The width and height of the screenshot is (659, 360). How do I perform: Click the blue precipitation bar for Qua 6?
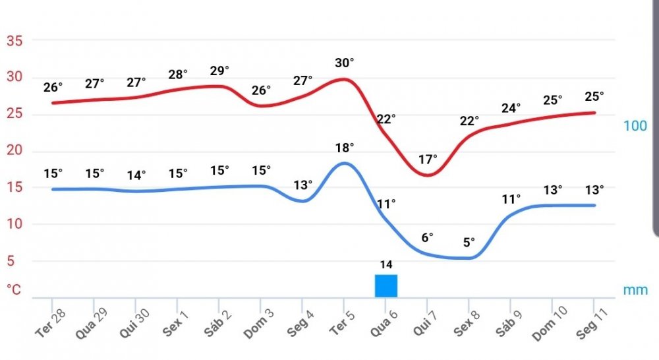click(386, 285)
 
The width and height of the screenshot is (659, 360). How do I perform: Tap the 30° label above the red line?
click(344, 63)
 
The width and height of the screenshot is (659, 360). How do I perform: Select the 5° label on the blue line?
click(469, 242)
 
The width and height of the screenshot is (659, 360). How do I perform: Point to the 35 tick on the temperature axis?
click(14, 40)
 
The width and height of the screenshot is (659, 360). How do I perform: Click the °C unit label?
click(13, 289)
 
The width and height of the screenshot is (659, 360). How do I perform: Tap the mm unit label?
click(635, 289)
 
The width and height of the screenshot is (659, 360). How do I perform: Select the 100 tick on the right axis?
click(635, 126)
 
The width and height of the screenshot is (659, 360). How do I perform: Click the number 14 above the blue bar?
click(386, 265)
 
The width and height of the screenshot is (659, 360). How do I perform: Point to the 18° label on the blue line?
click(344, 147)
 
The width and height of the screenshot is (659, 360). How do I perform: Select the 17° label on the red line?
click(428, 160)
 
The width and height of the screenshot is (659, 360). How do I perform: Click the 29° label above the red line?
click(219, 71)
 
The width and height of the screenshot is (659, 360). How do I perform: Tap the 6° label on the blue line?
click(428, 237)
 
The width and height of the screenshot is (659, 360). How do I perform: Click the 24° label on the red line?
click(511, 107)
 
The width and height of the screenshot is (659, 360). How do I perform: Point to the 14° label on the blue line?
click(136, 175)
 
